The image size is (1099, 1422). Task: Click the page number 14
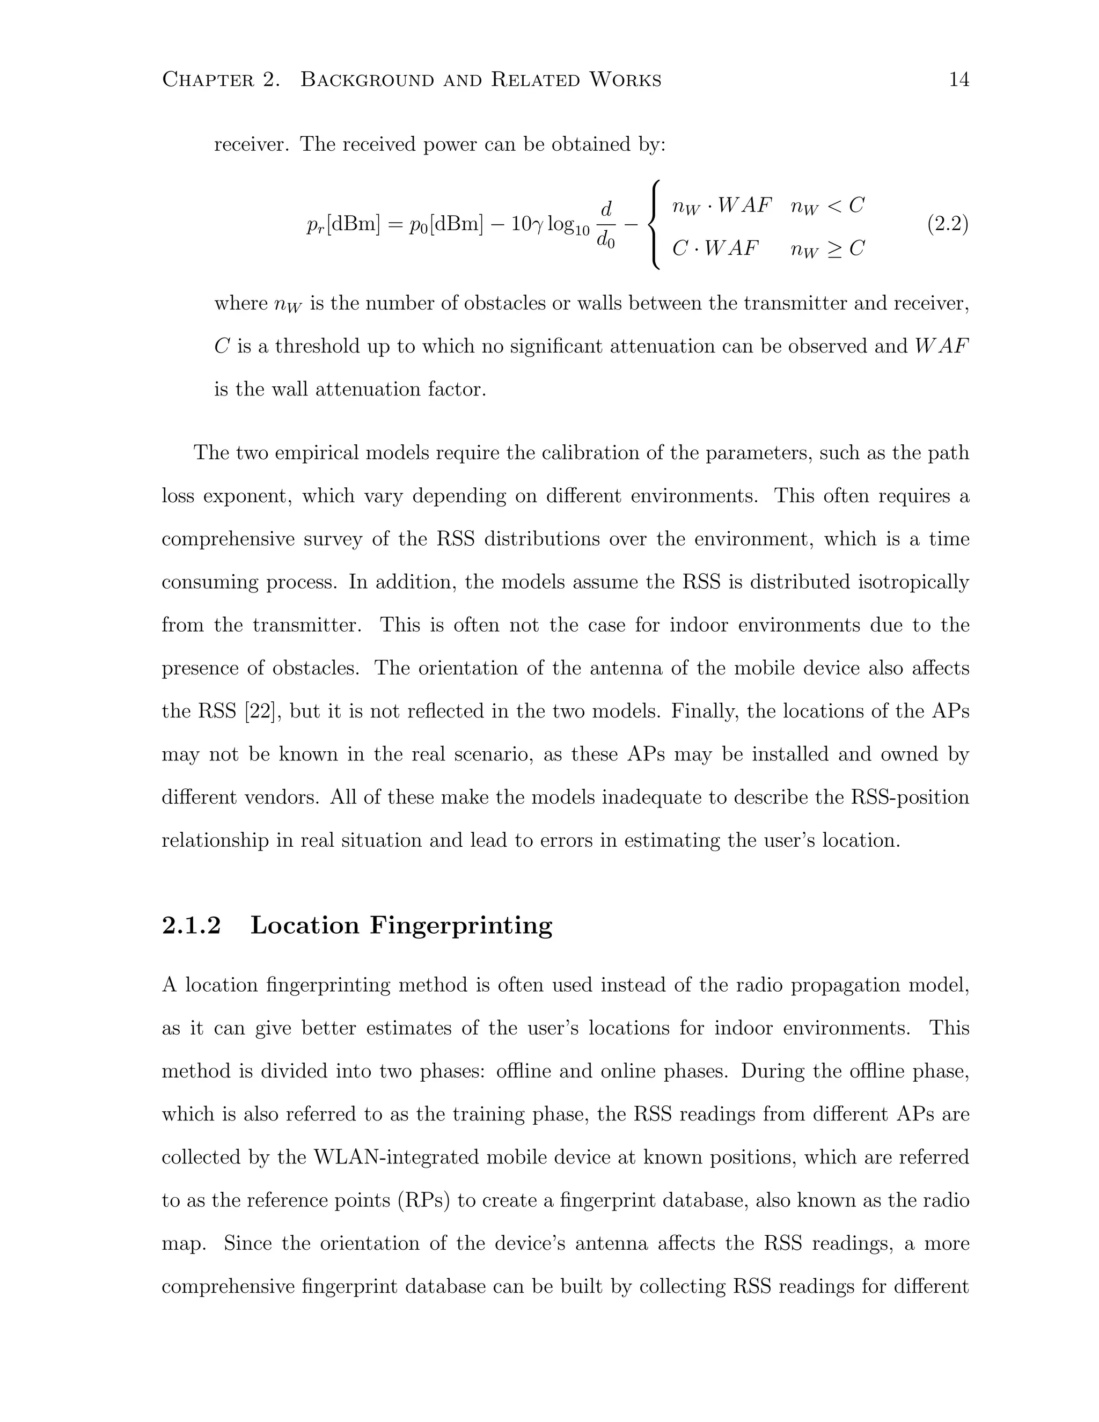[959, 80]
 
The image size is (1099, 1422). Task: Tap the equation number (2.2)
[947, 225]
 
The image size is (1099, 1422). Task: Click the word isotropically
[913, 582]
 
